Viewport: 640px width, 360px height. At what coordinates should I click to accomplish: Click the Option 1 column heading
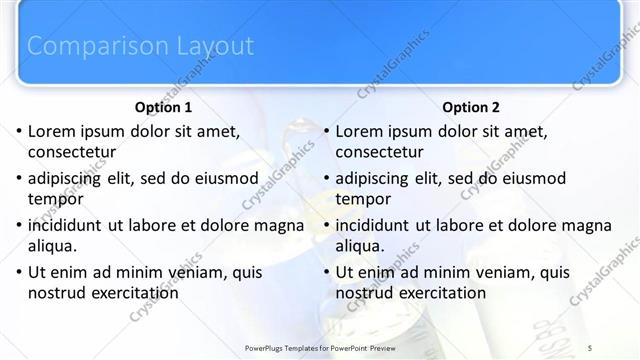coord(163,107)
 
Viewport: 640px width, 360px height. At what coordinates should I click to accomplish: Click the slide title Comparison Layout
coord(140,46)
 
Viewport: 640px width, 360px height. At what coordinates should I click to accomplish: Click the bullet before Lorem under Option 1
coord(18,131)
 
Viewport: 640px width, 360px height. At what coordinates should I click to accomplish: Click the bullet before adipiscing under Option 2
coord(326,178)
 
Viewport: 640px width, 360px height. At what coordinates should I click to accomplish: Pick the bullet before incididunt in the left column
coord(18,225)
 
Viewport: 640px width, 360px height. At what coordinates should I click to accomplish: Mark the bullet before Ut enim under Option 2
coord(326,272)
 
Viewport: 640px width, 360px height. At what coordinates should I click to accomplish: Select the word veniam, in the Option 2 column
coord(487,272)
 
